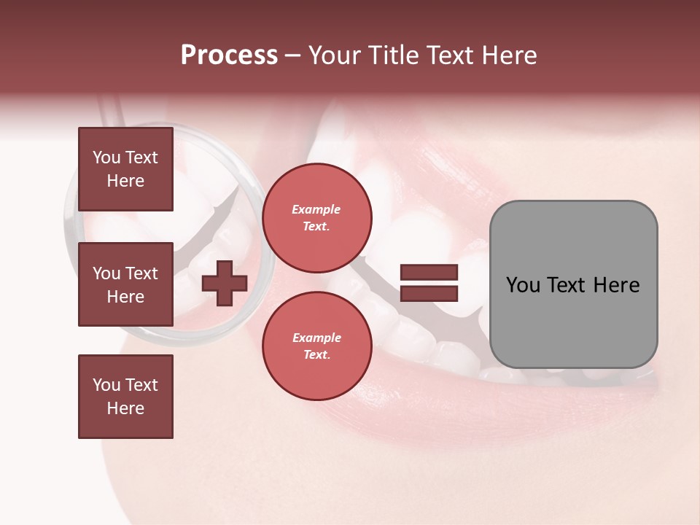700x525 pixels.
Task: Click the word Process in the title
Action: coord(229,55)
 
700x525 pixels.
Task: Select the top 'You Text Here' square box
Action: coord(125,169)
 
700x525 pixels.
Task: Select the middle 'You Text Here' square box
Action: coord(125,284)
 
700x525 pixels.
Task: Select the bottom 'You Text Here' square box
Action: coord(125,396)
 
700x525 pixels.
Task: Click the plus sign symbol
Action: coord(225,284)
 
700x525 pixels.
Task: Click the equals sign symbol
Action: coord(429,283)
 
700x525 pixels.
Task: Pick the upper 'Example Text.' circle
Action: coord(316,217)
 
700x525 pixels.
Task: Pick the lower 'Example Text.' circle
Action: coord(316,346)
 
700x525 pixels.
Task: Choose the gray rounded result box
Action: coord(573,284)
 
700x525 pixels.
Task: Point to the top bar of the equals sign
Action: coord(429,273)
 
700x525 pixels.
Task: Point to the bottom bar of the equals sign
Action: coord(429,293)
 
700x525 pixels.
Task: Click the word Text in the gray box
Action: coord(571,285)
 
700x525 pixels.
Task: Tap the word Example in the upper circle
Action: coord(316,209)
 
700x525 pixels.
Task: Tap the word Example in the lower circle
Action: coord(316,338)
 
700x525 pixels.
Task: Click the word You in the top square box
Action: coord(106,157)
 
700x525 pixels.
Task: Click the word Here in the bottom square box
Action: coord(125,408)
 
